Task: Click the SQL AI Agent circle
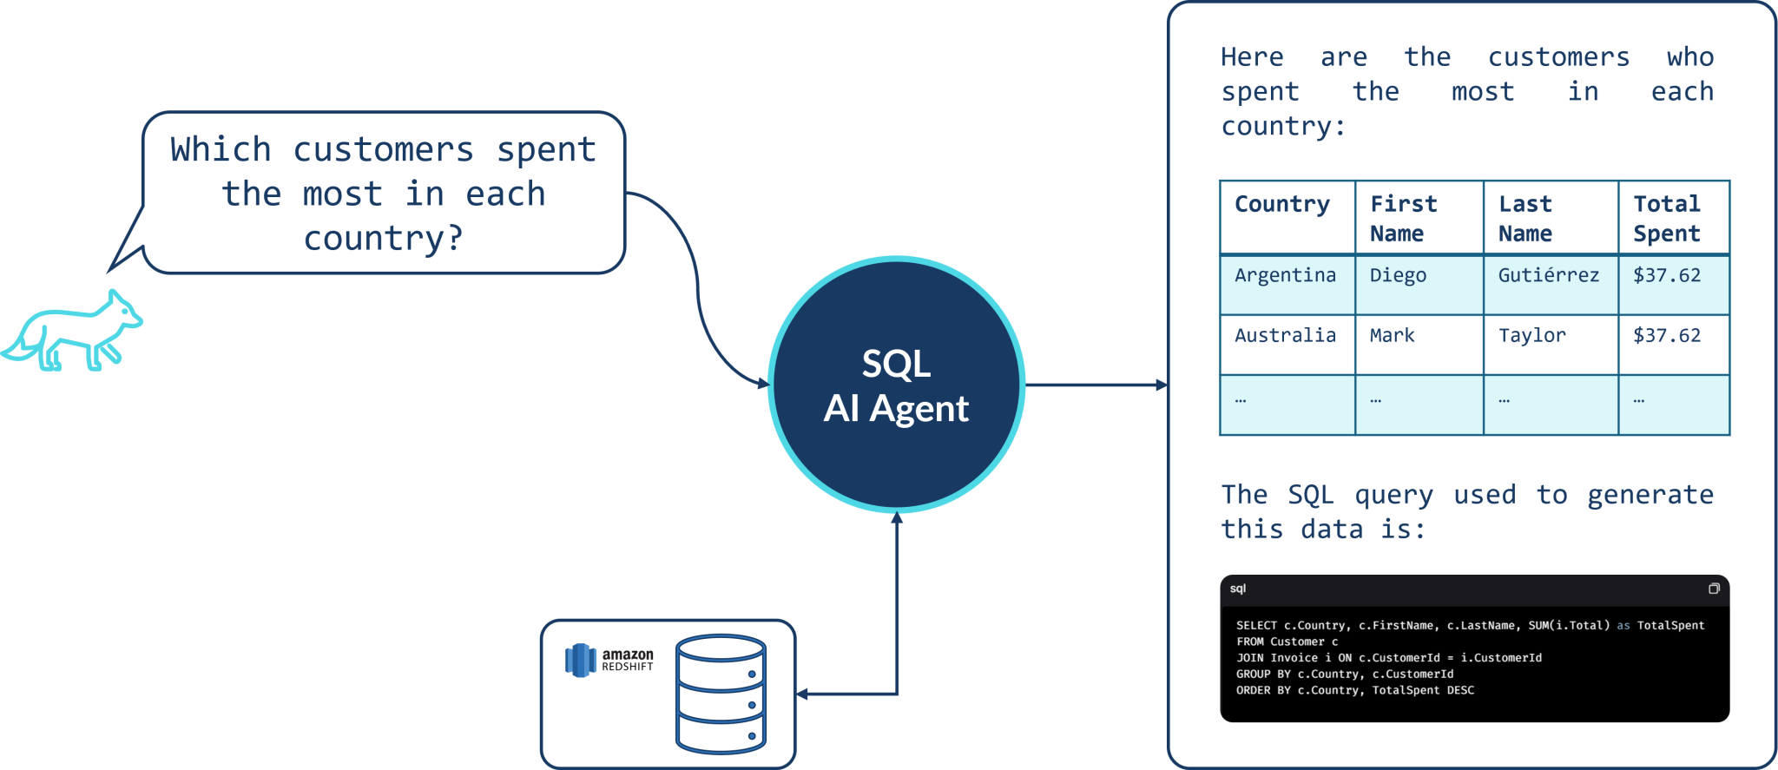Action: click(896, 385)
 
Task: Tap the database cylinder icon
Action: click(721, 694)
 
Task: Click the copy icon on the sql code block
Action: click(1714, 589)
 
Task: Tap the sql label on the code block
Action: click(1238, 589)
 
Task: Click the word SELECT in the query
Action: click(1256, 625)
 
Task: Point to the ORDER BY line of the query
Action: click(1354, 690)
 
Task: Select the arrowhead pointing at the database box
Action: click(803, 694)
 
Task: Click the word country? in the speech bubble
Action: click(383, 238)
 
